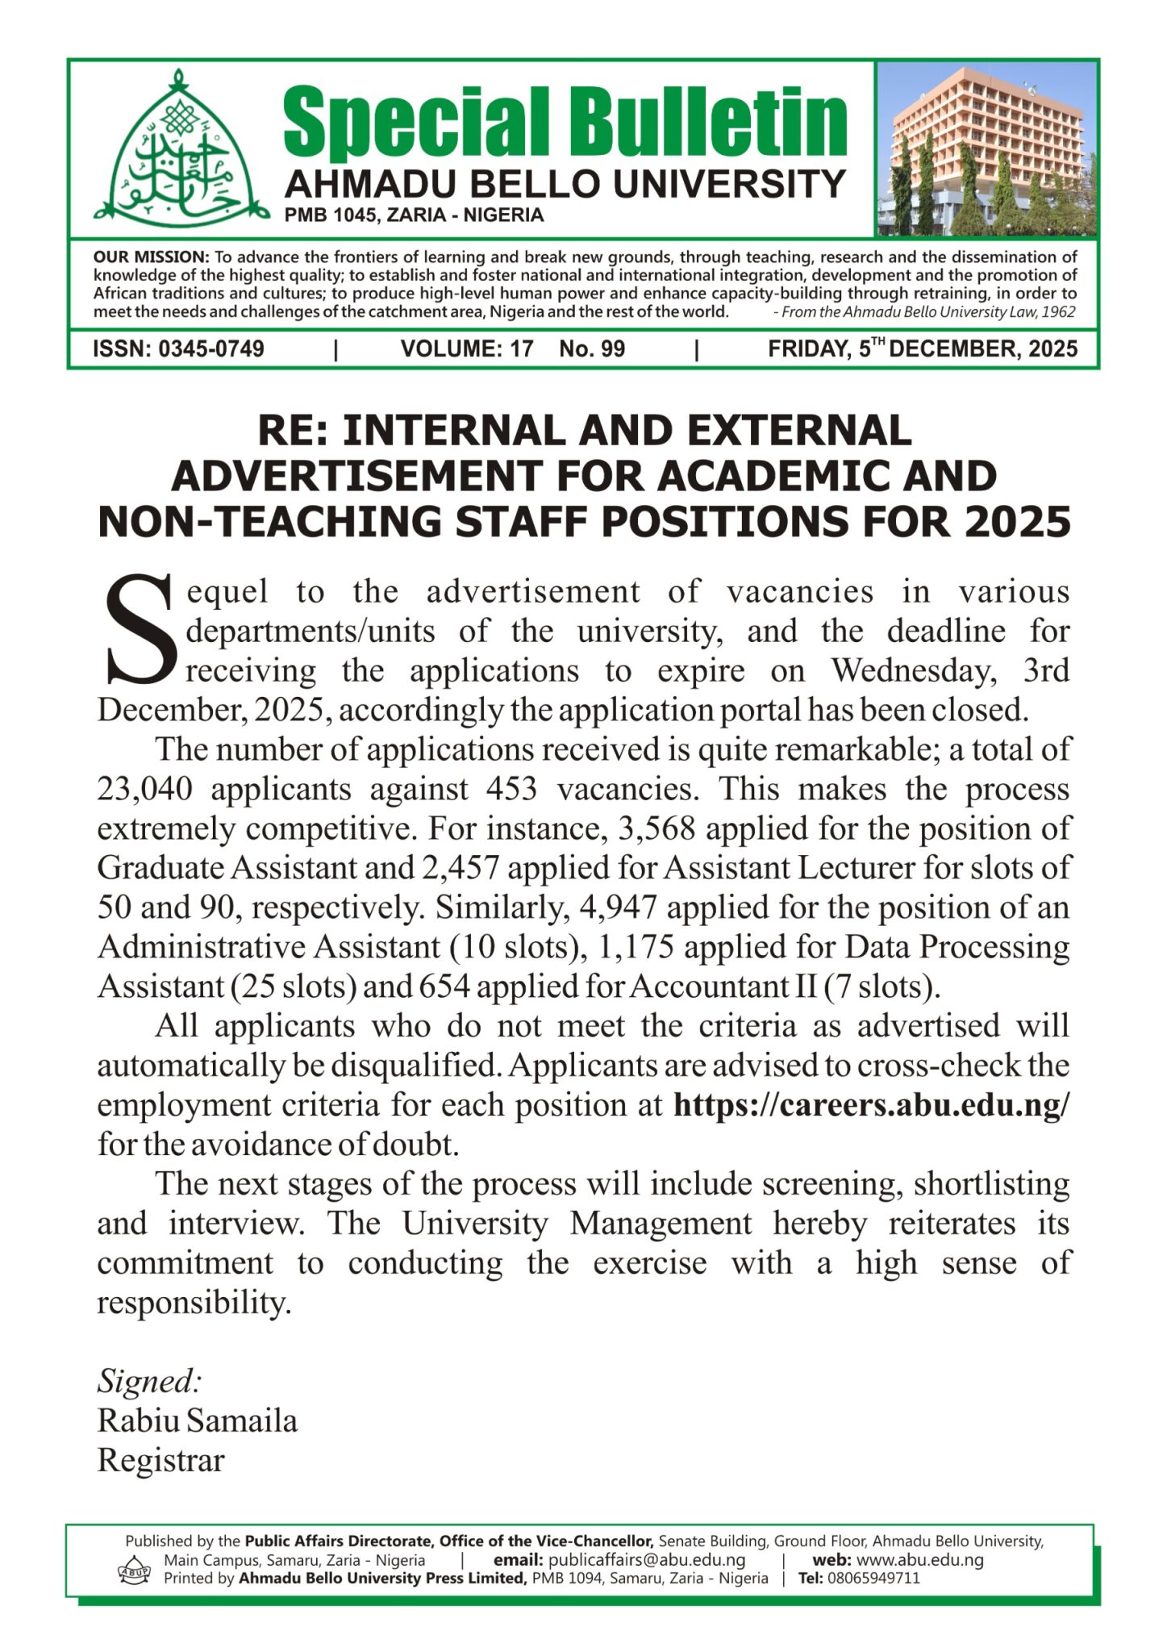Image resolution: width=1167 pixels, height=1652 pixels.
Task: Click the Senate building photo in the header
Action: [x=986, y=148]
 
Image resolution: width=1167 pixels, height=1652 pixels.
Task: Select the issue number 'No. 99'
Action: [x=592, y=349]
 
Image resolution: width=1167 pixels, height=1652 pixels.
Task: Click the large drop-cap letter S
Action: [x=139, y=630]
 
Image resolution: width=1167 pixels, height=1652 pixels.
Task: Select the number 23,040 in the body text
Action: [x=144, y=789]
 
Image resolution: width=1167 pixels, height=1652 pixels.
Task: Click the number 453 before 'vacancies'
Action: [x=511, y=789]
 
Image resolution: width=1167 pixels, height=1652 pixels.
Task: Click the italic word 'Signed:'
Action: [x=149, y=1382]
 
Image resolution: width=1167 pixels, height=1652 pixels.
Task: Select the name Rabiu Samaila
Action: [x=198, y=1421]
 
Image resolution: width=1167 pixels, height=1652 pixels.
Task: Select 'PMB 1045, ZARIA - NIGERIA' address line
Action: [x=414, y=215]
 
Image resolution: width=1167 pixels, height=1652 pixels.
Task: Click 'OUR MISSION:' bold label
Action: [x=151, y=257]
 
